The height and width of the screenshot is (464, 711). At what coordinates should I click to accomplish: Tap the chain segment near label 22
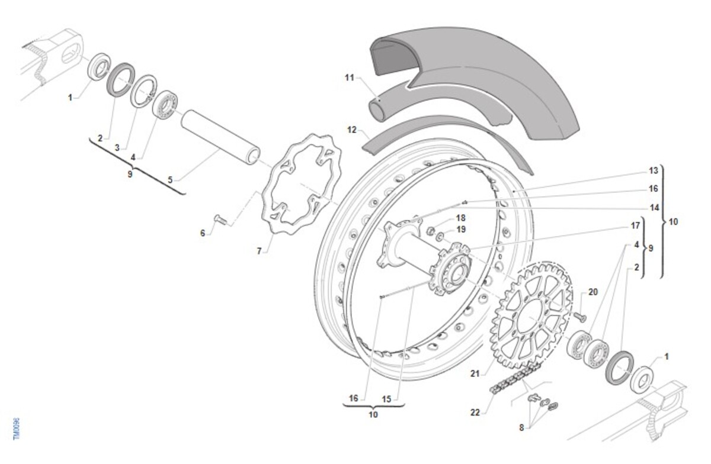(513, 379)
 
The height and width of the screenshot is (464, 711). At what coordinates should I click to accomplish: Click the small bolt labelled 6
(221, 220)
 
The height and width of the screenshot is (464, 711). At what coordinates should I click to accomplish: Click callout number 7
(259, 251)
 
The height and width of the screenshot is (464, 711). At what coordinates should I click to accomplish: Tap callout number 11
(349, 77)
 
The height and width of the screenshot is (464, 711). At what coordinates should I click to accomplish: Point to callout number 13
(653, 171)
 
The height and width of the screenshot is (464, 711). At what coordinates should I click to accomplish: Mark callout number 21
(474, 373)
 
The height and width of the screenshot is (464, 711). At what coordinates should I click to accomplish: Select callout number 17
(636, 225)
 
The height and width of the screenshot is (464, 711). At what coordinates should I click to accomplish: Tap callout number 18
(460, 217)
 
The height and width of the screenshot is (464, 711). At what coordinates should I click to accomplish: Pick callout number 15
(386, 399)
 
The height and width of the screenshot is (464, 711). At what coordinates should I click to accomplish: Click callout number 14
(653, 208)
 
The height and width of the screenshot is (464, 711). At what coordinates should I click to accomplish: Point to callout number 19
(460, 229)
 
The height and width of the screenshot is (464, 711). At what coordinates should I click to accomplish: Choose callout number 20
(593, 292)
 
